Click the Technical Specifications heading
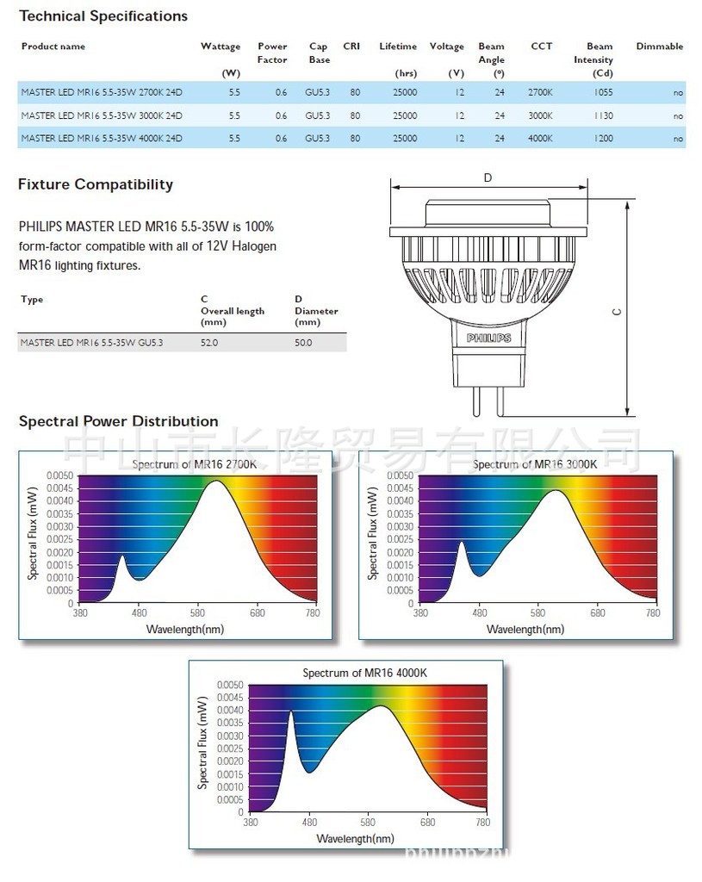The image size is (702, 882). point(103,16)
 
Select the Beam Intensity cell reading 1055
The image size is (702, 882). point(603,91)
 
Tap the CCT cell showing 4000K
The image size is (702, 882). point(541,138)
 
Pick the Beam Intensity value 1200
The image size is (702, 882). point(603,138)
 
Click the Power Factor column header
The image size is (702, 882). point(272,53)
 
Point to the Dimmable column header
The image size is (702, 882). point(659,47)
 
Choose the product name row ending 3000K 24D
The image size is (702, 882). point(102,115)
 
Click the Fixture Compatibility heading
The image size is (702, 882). point(96,184)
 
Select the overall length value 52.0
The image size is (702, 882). point(209,343)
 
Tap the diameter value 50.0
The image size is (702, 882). point(303,343)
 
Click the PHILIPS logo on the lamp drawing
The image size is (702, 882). point(488,339)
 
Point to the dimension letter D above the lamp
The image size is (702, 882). point(488,177)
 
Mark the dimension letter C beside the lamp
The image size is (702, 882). point(617,313)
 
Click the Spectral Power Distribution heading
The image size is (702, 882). point(118,421)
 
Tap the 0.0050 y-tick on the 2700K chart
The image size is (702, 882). point(60,475)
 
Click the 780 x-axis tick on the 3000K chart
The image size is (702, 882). point(653,613)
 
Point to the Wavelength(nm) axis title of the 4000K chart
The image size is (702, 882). point(356,838)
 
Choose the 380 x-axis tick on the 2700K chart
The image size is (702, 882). point(80,613)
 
